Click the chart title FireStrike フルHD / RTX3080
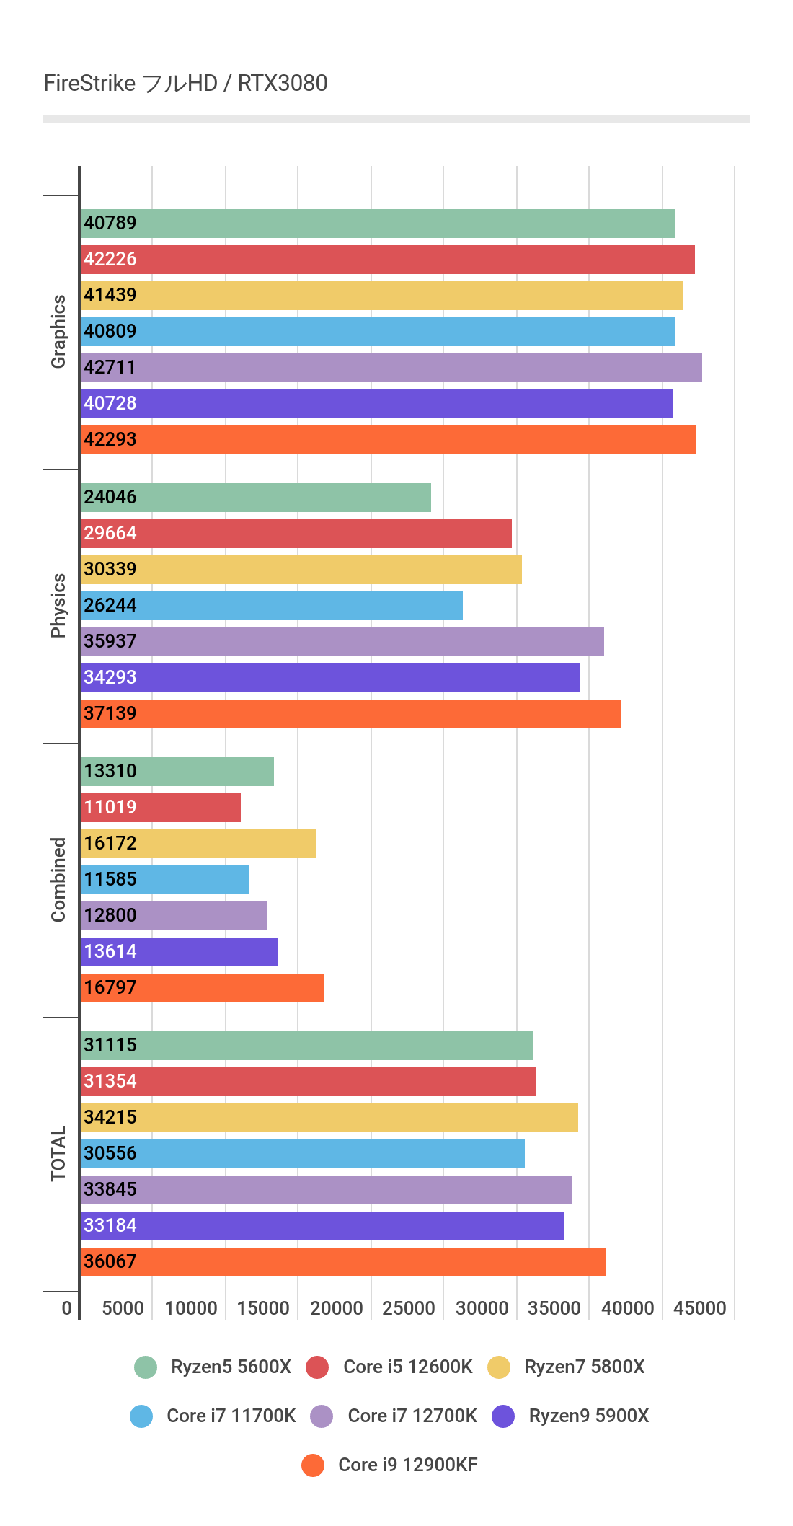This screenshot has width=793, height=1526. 185,84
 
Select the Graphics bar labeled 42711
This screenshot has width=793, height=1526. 391,368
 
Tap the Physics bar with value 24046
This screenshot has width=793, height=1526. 256,498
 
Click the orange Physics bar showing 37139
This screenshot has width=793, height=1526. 350,714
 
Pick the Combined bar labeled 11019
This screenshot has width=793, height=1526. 161,808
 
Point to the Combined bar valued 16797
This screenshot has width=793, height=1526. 203,988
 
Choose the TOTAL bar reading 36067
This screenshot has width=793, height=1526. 343,1262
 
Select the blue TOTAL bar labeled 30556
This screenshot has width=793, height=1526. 303,1154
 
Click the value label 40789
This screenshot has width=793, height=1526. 110,223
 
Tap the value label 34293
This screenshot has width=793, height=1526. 110,677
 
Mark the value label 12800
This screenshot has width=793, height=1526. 110,915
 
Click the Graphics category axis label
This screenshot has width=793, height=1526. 58,332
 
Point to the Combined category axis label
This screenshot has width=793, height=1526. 58,880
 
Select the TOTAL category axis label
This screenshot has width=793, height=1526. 58,1154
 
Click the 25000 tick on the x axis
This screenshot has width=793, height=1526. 409,1308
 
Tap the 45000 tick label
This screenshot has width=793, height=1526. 700,1308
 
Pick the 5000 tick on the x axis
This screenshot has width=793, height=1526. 123,1308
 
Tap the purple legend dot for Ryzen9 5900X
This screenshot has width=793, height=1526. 503,1416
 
